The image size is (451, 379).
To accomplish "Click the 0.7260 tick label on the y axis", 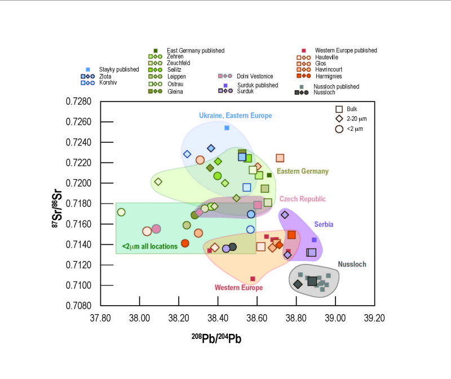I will tap(81, 122).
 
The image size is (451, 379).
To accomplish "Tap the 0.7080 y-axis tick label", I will tap(81, 306).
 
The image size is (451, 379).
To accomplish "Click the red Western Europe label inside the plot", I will tap(238, 288).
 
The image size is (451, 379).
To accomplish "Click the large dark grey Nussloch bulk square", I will tap(312, 281).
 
